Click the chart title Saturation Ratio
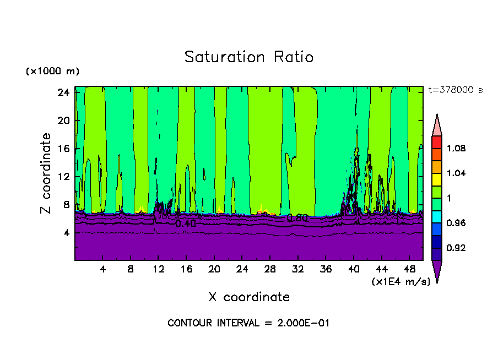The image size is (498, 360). [248, 57]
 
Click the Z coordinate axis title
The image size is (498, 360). [46, 173]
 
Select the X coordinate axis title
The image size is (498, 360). [249, 297]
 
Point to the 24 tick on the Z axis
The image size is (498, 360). [63, 92]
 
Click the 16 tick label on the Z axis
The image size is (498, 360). [63, 149]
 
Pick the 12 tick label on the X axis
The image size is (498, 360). [158, 269]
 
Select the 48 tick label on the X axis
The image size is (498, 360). [410, 269]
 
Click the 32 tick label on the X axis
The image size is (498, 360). [298, 269]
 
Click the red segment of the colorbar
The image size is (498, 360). [437, 142]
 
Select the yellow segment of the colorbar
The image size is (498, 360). [437, 179]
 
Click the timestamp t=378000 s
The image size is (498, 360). [455, 90]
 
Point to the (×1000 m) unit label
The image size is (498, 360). [52, 72]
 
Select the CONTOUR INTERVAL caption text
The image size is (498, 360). [248, 323]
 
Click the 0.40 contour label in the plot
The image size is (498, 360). [185, 223]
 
